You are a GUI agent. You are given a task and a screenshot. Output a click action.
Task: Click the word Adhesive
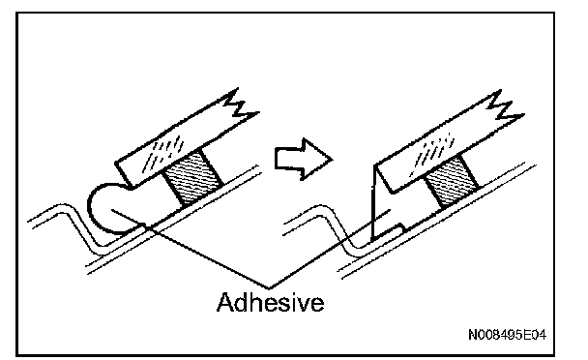pyautogui.click(x=271, y=303)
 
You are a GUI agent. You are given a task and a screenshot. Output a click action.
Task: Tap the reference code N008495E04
pyautogui.click(x=507, y=335)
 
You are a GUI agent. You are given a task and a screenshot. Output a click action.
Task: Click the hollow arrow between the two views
pyautogui.click(x=304, y=159)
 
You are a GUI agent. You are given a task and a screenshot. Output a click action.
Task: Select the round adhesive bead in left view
pyautogui.click(x=108, y=209)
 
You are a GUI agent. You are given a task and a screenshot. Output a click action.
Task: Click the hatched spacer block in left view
pyautogui.click(x=192, y=176)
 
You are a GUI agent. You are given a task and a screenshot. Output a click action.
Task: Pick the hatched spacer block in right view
pyautogui.click(x=452, y=181)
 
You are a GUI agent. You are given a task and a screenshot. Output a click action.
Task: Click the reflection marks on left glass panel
pyautogui.click(x=163, y=153)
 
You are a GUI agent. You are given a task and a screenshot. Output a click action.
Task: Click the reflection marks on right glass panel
pyautogui.click(x=432, y=154)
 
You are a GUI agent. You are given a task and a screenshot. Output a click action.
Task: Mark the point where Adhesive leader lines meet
pyautogui.click(x=269, y=288)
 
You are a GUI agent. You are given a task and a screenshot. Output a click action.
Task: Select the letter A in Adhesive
pyautogui.click(x=225, y=302)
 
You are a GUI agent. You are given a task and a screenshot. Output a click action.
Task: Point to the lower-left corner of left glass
pyautogui.click(x=131, y=186)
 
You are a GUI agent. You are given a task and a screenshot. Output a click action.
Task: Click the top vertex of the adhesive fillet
pyautogui.click(x=374, y=165)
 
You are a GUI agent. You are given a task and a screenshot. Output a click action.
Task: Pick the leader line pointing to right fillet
pyautogui.click(x=330, y=250)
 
